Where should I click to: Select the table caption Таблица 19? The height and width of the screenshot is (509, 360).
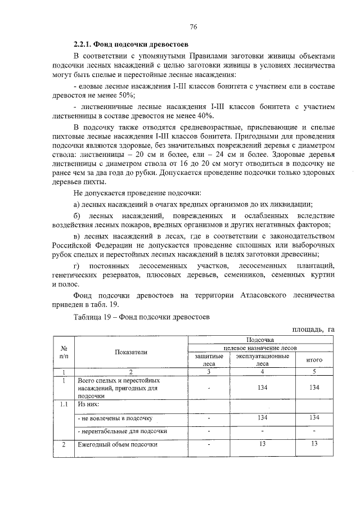coord(94,317)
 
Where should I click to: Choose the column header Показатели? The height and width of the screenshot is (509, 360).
coord(131,352)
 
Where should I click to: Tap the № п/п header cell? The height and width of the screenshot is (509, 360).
coord(64,352)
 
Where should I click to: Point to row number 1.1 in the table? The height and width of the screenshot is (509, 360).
coord(64,404)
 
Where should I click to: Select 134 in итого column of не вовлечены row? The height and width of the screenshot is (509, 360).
coord(314,417)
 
